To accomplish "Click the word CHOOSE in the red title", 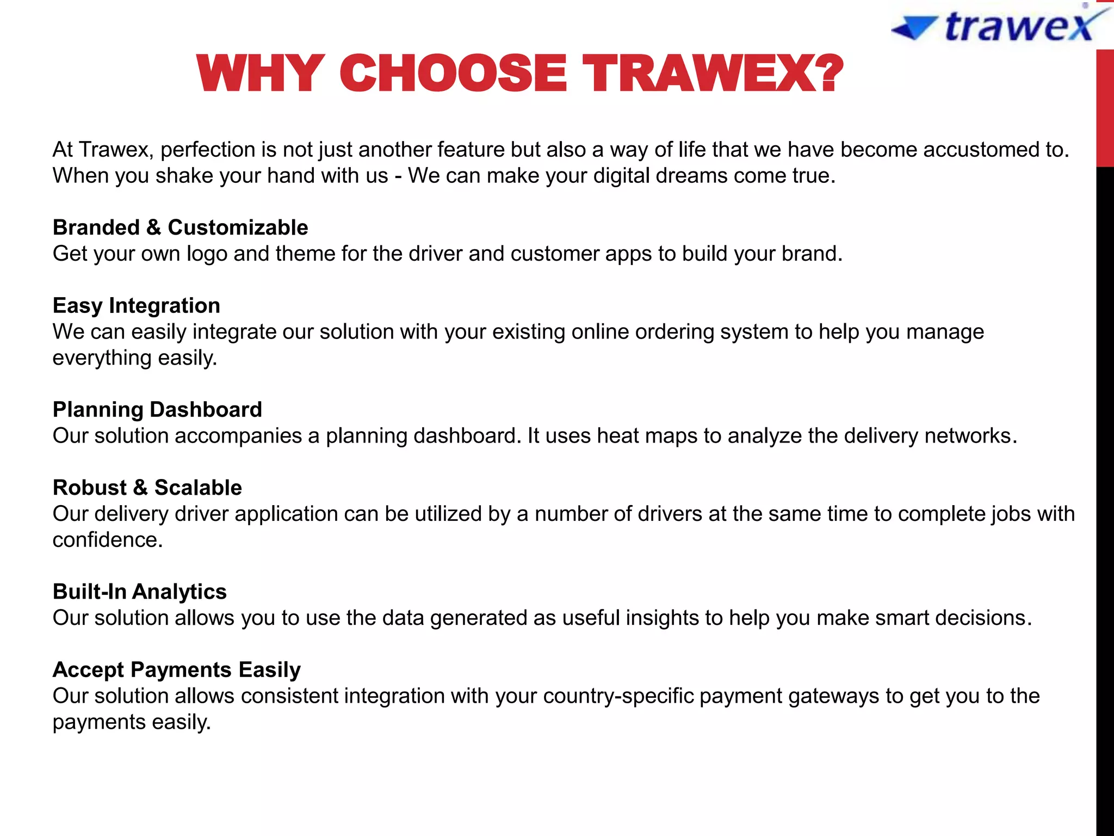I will pyautogui.click(x=453, y=73).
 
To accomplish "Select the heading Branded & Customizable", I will pyautogui.click(x=180, y=228).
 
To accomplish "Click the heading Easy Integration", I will pyautogui.click(x=136, y=306).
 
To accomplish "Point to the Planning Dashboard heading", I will pyautogui.click(x=157, y=410).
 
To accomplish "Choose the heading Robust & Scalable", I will pyautogui.click(x=147, y=488).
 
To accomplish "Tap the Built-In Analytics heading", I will pyautogui.click(x=139, y=592).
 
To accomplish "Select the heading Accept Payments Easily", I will pyautogui.click(x=176, y=670).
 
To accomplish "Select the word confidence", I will pyautogui.click(x=107, y=540).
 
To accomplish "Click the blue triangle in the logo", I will pyautogui.click(x=915, y=27).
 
